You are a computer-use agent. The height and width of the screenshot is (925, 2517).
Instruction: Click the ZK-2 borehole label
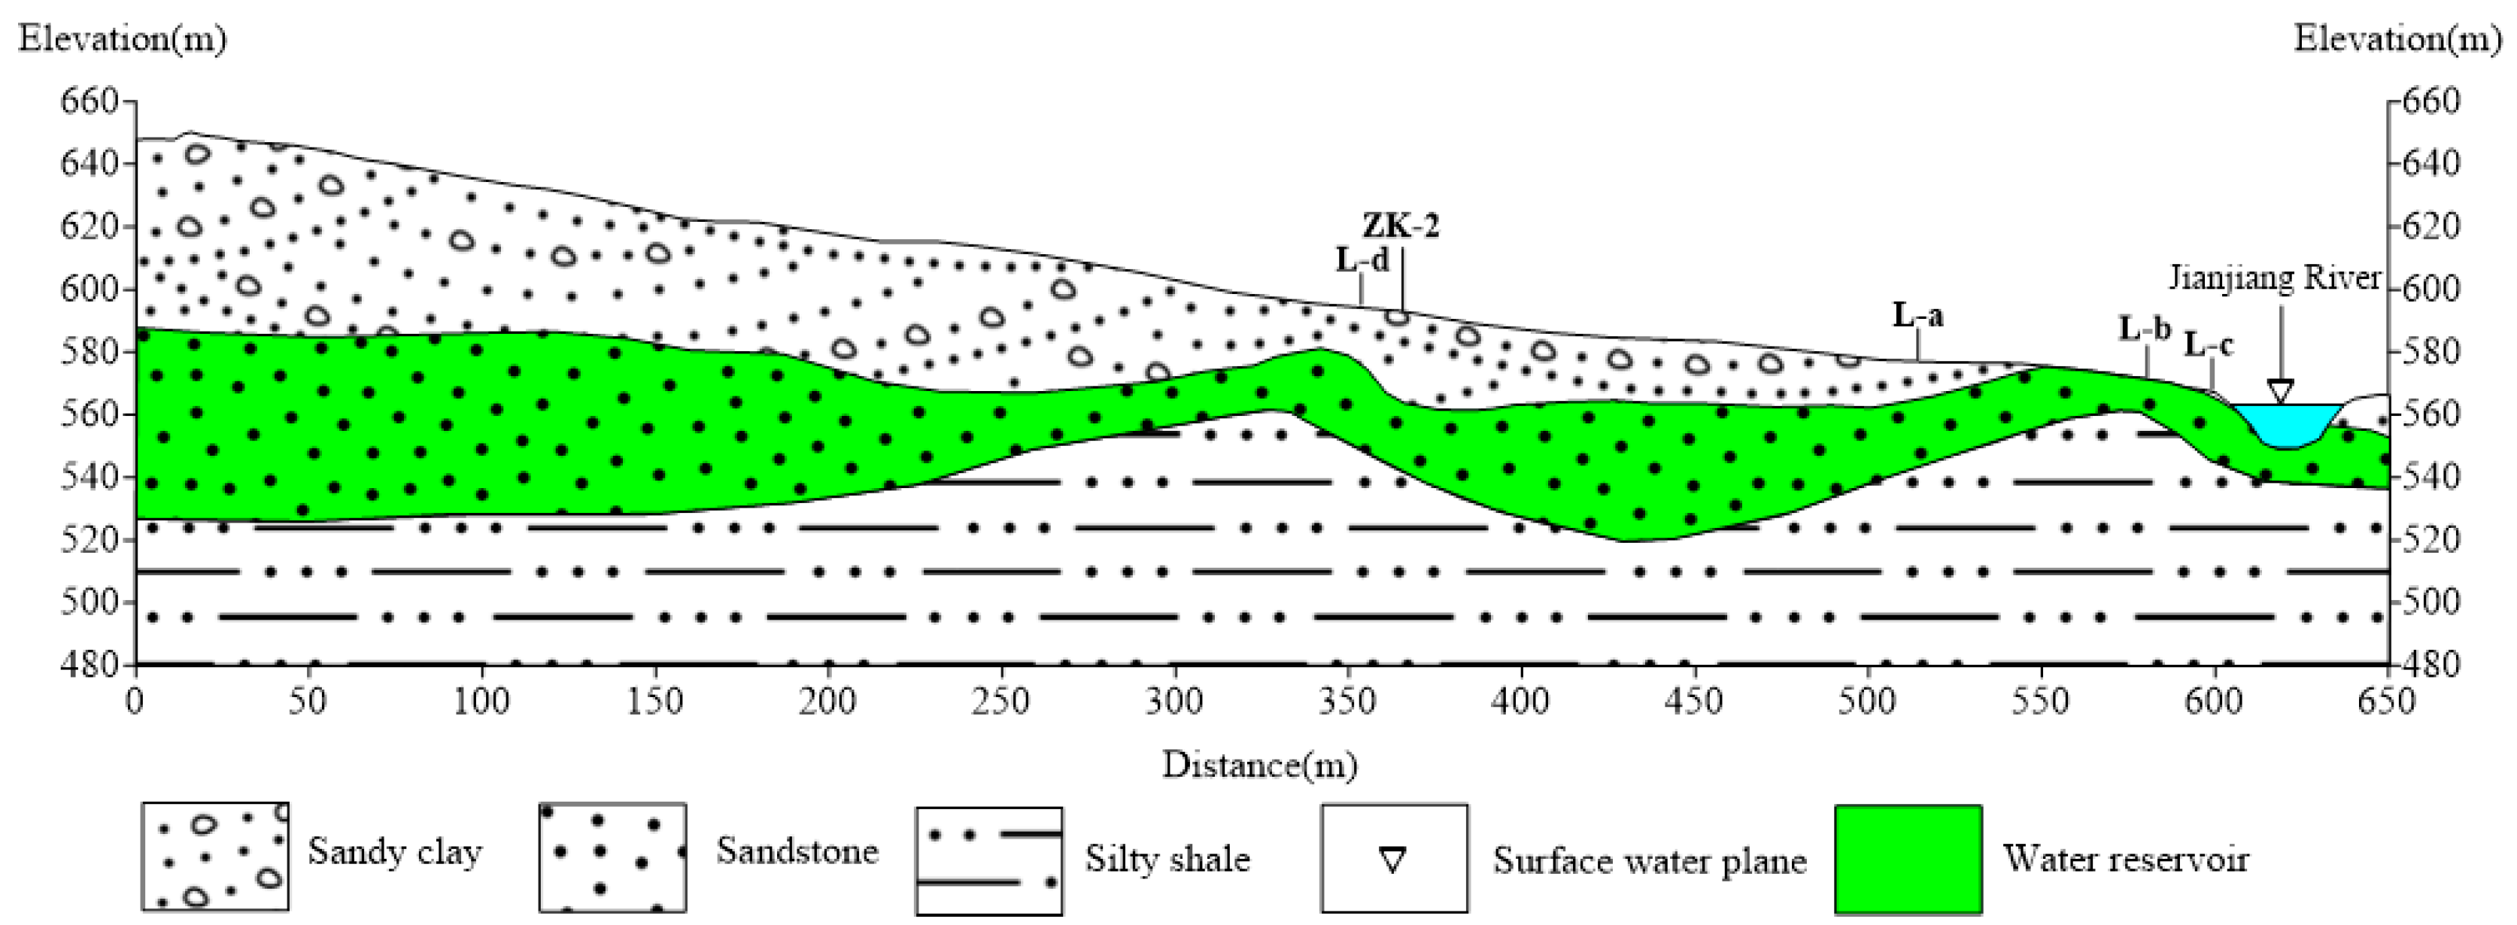click(x=1401, y=226)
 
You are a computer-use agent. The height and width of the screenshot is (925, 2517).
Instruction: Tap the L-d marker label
click(x=1361, y=261)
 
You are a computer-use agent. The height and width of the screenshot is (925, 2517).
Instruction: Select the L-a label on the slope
click(x=1917, y=316)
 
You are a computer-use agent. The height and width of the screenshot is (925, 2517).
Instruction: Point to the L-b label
click(x=2144, y=329)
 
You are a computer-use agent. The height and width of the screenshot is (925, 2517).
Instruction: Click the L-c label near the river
click(x=2209, y=344)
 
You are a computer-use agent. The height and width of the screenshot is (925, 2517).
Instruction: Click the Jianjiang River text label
click(x=2275, y=278)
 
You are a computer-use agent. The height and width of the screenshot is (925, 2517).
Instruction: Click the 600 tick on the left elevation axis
click(x=90, y=289)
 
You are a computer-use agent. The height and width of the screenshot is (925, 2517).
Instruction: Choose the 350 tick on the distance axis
click(x=1347, y=702)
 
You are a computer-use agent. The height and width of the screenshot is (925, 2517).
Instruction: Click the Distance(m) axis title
click(x=1258, y=765)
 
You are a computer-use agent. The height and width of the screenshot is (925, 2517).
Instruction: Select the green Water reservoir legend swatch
click(x=1907, y=859)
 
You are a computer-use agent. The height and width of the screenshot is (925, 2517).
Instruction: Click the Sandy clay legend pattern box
click(x=215, y=856)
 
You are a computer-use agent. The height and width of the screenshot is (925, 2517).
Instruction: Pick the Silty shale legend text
click(x=1167, y=860)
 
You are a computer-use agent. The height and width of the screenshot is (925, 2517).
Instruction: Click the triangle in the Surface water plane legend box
click(x=1392, y=860)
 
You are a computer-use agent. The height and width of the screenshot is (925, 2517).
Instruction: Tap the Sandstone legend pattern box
click(x=612, y=857)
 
